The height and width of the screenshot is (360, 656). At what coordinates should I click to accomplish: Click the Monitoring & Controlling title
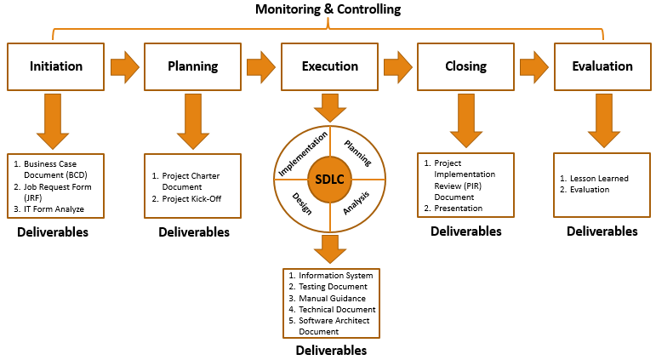click(328, 9)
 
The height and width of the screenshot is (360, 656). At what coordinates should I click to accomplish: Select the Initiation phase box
click(56, 66)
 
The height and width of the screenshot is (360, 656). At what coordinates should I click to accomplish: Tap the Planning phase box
click(193, 66)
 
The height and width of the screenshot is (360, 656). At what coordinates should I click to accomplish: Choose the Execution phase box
click(330, 66)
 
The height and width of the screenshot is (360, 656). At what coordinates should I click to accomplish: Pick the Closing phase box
click(466, 66)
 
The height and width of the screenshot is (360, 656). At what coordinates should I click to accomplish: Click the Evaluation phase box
click(602, 66)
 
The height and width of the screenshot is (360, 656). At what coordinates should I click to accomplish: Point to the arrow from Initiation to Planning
click(125, 66)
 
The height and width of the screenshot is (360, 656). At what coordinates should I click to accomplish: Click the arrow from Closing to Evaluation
click(534, 66)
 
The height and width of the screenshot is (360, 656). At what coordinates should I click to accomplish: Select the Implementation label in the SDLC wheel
click(303, 153)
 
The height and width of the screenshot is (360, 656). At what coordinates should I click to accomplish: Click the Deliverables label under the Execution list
click(331, 350)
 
